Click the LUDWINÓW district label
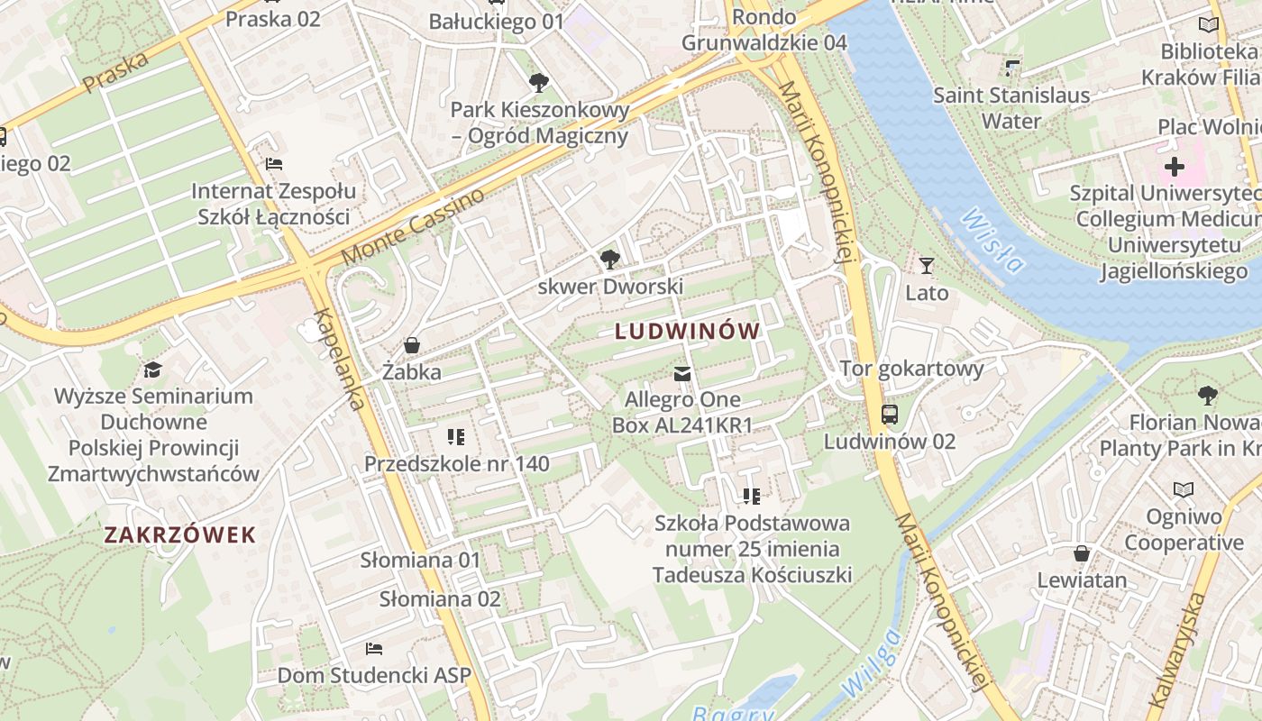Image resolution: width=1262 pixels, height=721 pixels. point(688,332)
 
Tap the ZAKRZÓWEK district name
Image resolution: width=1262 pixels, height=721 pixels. point(180,535)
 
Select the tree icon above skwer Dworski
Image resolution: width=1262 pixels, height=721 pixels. point(610,260)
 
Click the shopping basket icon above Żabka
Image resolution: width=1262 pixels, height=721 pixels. point(412,345)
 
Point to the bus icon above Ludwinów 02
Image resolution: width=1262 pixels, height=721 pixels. point(890,415)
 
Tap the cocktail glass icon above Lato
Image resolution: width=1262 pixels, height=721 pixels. point(927,266)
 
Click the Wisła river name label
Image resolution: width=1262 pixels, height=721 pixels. point(992,241)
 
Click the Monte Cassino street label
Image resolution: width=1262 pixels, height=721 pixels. point(413,227)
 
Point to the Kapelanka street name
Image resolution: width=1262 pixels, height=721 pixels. point(339,359)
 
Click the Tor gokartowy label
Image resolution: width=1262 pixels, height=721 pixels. point(911,368)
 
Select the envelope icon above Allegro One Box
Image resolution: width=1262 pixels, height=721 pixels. point(682,374)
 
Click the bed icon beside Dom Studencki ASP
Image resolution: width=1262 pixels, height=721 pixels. point(374,649)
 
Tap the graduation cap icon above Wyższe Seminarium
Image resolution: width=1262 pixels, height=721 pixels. point(152,370)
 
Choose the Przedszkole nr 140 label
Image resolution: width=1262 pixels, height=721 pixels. point(456,464)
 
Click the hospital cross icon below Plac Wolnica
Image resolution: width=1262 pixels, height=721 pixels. point(1174,167)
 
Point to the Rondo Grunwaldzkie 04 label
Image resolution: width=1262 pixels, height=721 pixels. point(764,30)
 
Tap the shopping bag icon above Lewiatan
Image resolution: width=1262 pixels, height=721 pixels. point(1082,552)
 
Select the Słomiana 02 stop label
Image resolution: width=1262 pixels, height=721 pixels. point(439,599)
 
